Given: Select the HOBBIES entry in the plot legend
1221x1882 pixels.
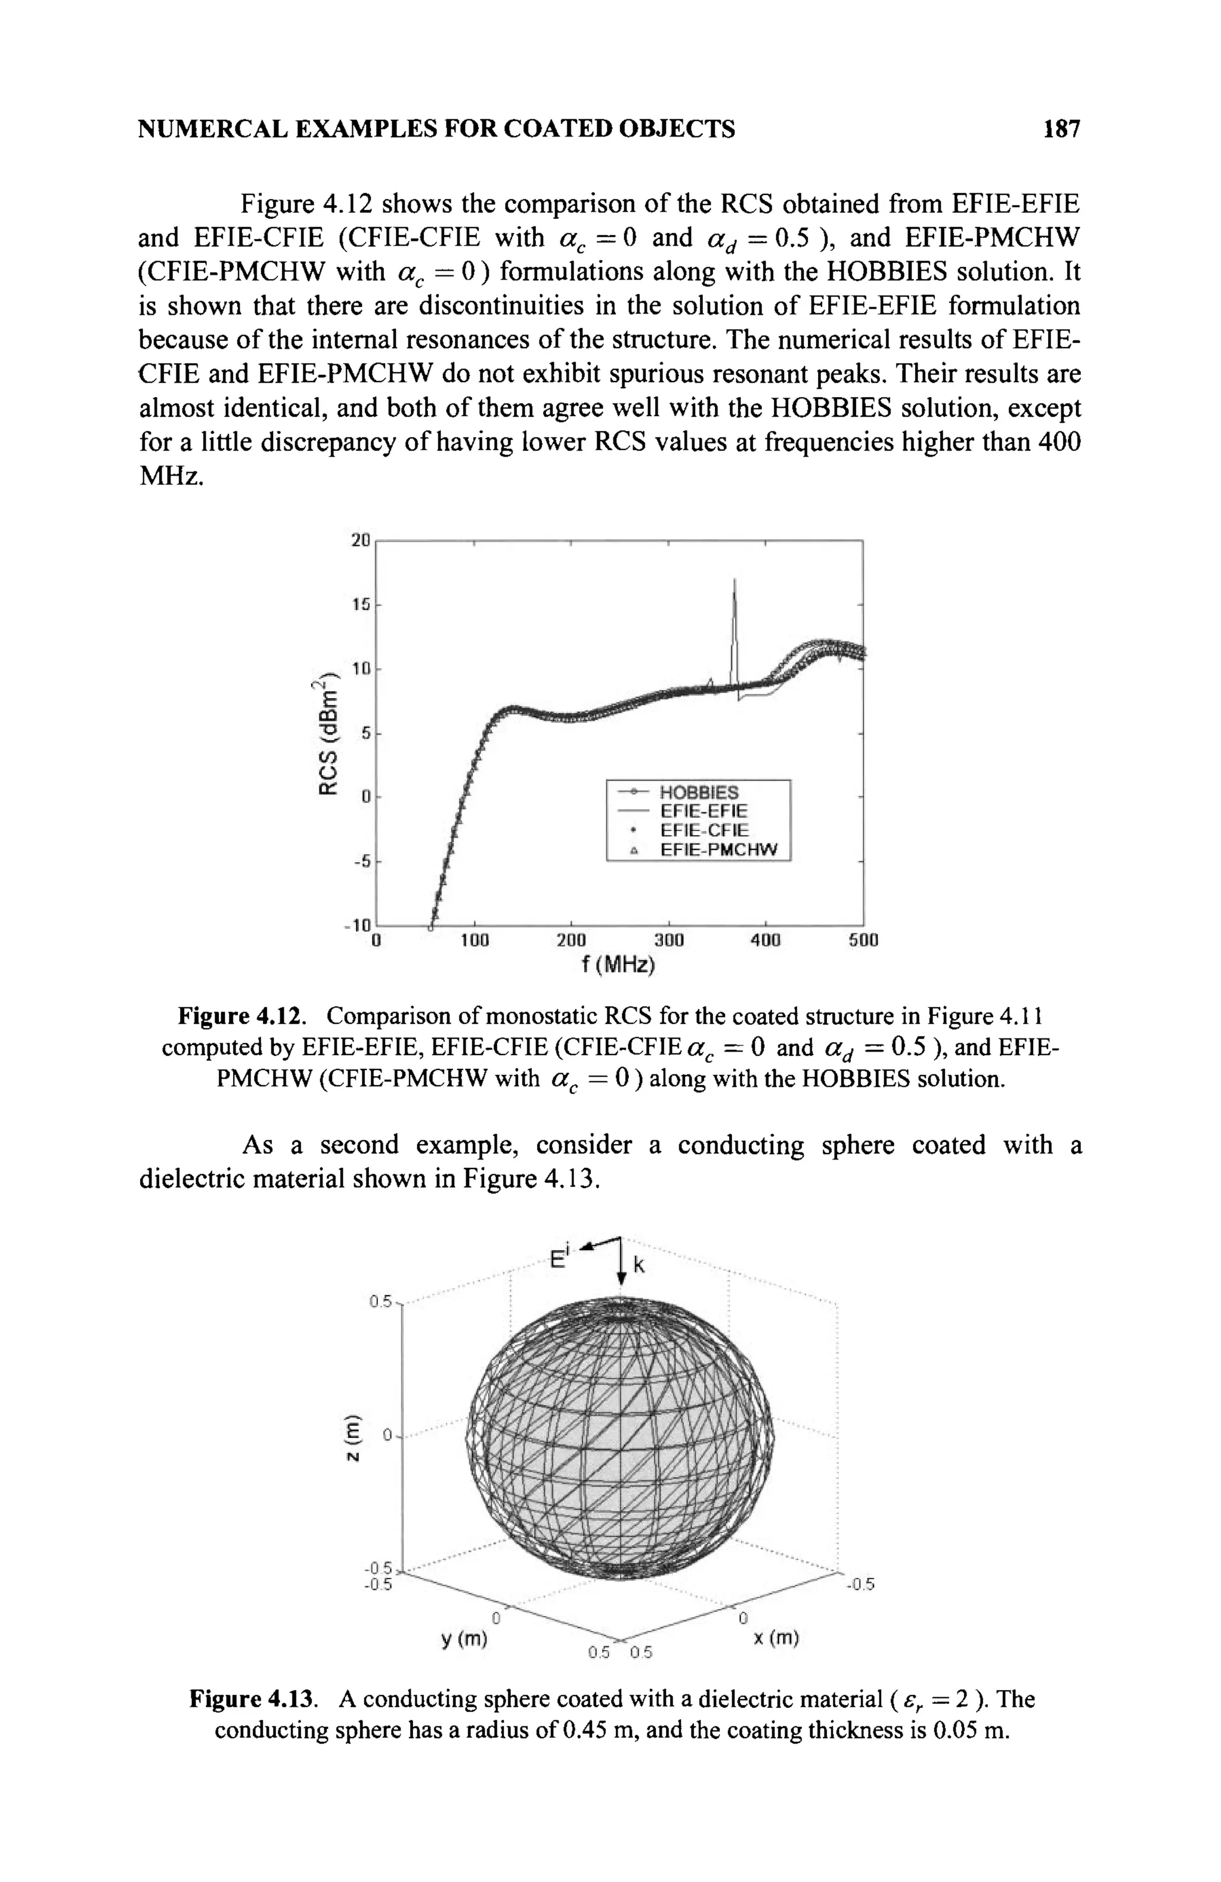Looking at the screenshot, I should pos(698,792).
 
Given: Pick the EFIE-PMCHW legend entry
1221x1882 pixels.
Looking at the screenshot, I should pos(718,850).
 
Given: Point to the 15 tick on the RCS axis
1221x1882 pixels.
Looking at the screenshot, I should pos(361,604).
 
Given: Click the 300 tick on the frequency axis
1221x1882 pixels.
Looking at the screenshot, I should pos(668,941).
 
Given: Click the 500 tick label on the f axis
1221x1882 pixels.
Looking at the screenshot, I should pos(863,941).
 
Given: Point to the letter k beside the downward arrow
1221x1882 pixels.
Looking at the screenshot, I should pos(640,1266).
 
